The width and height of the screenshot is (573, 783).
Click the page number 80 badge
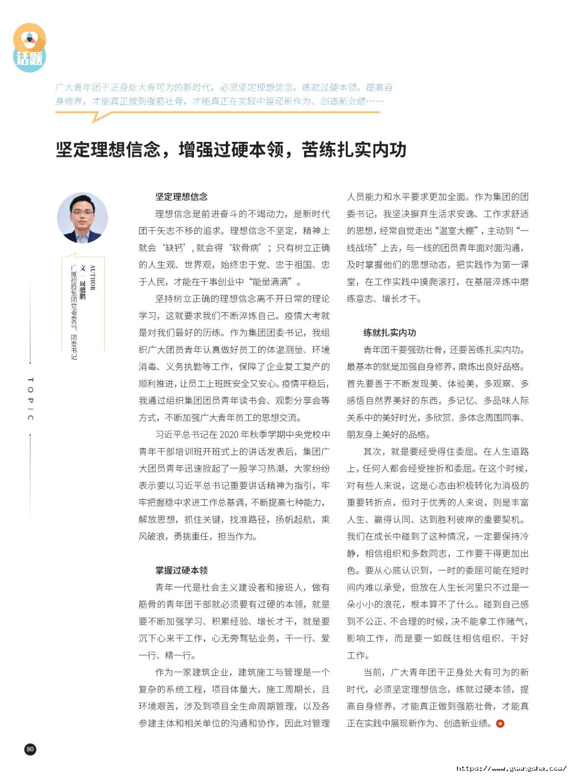click(x=30, y=749)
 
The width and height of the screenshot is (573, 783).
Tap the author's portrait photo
click(x=82, y=218)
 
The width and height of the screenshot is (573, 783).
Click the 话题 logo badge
click(x=29, y=48)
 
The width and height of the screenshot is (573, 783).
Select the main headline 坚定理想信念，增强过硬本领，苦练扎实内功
click(x=231, y=150)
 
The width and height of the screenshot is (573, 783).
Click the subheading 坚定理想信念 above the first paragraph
click(x=181, y=197)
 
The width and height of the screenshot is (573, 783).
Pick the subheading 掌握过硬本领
click(x=181, y=570)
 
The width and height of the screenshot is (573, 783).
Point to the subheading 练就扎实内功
click(x=389, y=333)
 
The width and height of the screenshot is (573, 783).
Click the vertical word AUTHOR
click(x=93, y=278)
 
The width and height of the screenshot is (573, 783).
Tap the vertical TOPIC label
click(x=30, y=399)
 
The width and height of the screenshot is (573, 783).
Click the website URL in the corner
click(x=511, y=768)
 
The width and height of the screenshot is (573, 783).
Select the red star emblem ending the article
click(x=500, y=723)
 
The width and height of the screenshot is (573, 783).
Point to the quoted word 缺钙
click(x=172, y=248)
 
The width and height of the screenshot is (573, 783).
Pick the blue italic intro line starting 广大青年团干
click(x=224, y=88)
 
